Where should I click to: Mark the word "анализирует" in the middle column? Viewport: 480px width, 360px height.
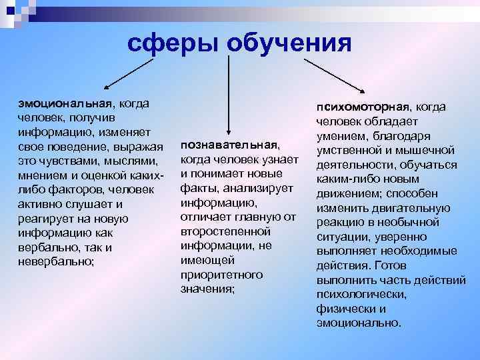(255, 189)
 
